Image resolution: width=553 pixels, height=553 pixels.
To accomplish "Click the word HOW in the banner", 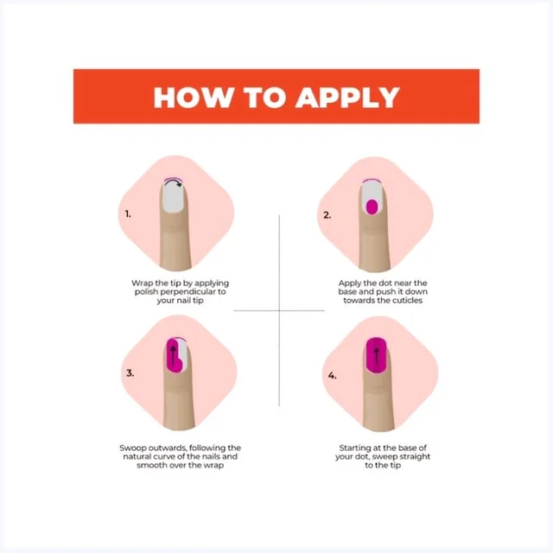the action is (x=194, y=97).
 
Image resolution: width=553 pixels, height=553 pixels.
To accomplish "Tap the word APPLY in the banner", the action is (x=347, y=97).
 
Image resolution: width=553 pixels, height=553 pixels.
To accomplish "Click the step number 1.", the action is (x=128, y=213).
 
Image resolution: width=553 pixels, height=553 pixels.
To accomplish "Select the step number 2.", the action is (x=327, y=215).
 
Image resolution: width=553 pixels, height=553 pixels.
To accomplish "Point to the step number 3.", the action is (x=130, y=372).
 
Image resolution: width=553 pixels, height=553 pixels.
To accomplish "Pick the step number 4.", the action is (x=332, y=376).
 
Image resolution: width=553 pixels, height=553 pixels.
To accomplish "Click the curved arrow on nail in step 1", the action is (x=174, y=181).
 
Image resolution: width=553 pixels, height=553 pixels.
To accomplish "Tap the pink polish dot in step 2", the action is (x=372, y=207).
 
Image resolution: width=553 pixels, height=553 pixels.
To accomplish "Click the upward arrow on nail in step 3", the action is (x=173, y=356).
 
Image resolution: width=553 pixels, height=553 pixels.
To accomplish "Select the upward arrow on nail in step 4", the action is (x=377, y=357).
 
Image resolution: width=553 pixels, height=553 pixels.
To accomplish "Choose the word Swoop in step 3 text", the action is (x=132, y=448).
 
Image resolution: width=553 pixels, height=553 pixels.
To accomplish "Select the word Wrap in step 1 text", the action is (x=142, y=283).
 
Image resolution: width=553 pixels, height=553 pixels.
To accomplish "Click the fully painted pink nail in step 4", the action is (x=377, y=355).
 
